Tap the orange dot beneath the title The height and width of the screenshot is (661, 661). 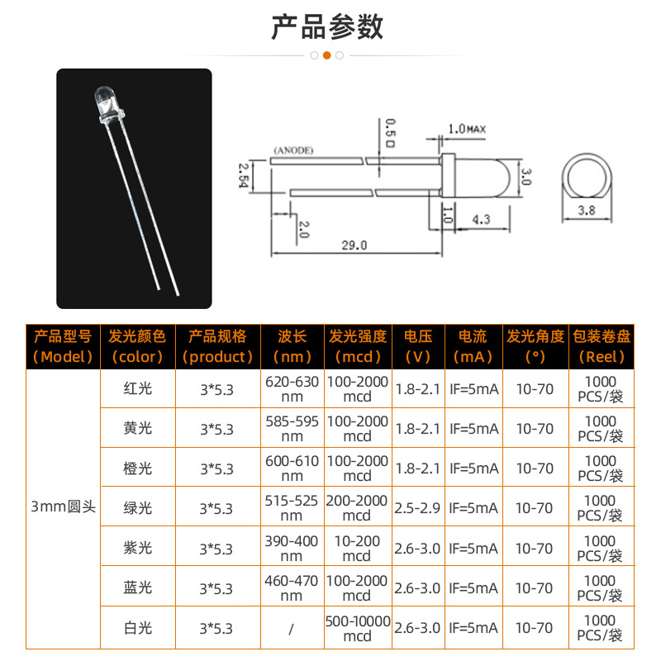[x=327, y=55]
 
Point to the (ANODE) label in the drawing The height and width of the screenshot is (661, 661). [x=292, y=150]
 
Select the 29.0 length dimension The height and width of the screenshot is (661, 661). [x=356, y=245]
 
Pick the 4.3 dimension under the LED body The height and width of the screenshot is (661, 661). [x=482, y=219]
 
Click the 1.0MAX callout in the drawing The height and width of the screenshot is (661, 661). [x=466, y=129]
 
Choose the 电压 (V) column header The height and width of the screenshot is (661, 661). [x=418, y=346]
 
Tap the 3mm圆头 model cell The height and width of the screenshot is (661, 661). [x=63, y=506]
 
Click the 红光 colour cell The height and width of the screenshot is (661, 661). [x=137, y=388]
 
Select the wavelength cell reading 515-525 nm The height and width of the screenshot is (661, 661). [x=292, y=507]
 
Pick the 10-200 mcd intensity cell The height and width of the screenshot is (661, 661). [x=357, y=548]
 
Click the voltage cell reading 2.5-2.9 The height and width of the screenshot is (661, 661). [x=418, y=508]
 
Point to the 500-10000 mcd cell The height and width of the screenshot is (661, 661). [x=357, y=628]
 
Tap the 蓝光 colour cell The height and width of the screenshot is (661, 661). [x=137, y=588]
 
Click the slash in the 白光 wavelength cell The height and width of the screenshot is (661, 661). [x=292, y=629]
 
